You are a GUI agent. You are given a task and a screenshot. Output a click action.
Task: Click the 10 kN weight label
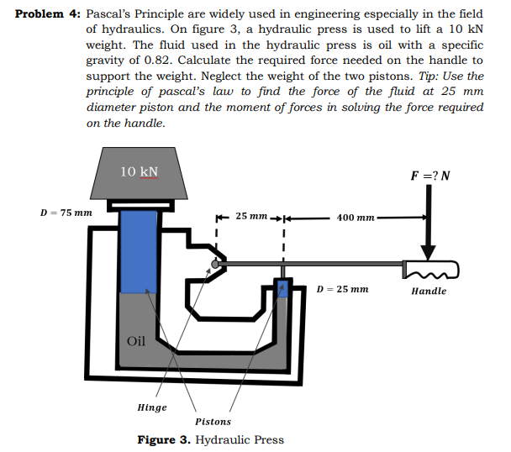[139, 171]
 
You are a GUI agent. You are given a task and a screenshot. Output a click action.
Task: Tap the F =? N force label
[430, 176]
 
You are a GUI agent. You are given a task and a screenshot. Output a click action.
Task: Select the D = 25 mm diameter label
[342, 289]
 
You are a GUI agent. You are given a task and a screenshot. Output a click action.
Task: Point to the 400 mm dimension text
[355, 218]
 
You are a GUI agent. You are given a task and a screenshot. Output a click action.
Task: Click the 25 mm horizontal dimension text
[251, 217]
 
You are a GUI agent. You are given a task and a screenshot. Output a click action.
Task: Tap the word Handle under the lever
[429, 292]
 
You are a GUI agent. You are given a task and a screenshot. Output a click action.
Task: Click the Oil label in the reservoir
[136, 340]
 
